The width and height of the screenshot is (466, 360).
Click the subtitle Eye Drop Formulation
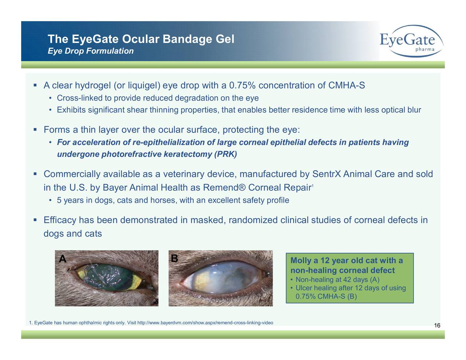coord(91,51)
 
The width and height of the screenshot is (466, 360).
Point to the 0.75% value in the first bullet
coord(242,86)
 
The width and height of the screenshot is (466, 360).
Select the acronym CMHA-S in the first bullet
coord(346,86)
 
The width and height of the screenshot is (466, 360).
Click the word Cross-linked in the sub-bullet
coord(79,98)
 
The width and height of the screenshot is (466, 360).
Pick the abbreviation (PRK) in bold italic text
coord(225,154)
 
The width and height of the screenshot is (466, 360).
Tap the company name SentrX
coord(326,174)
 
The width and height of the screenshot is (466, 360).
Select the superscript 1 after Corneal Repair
coord(312,186)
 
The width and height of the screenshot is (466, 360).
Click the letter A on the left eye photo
coord(63,259)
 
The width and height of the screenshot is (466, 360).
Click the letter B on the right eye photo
coord(174,258)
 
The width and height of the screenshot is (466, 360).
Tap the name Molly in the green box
coord(301,261)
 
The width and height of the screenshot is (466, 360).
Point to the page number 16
coord(437,326)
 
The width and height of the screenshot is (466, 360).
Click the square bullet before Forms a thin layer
coord(35,130)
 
